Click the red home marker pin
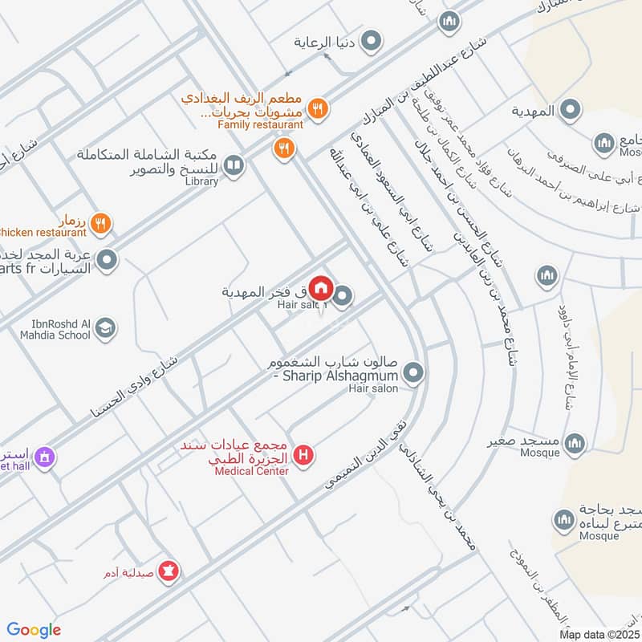point(321,286)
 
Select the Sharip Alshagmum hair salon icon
point(414,372)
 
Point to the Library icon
point(234,165)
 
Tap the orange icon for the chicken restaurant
point(100,223)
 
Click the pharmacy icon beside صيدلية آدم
point(169,571)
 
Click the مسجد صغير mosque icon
point(575,442)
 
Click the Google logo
point(34,629)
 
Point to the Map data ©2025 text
point(598,634)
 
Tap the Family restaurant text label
point(261,124)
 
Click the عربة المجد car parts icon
point(107,260)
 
